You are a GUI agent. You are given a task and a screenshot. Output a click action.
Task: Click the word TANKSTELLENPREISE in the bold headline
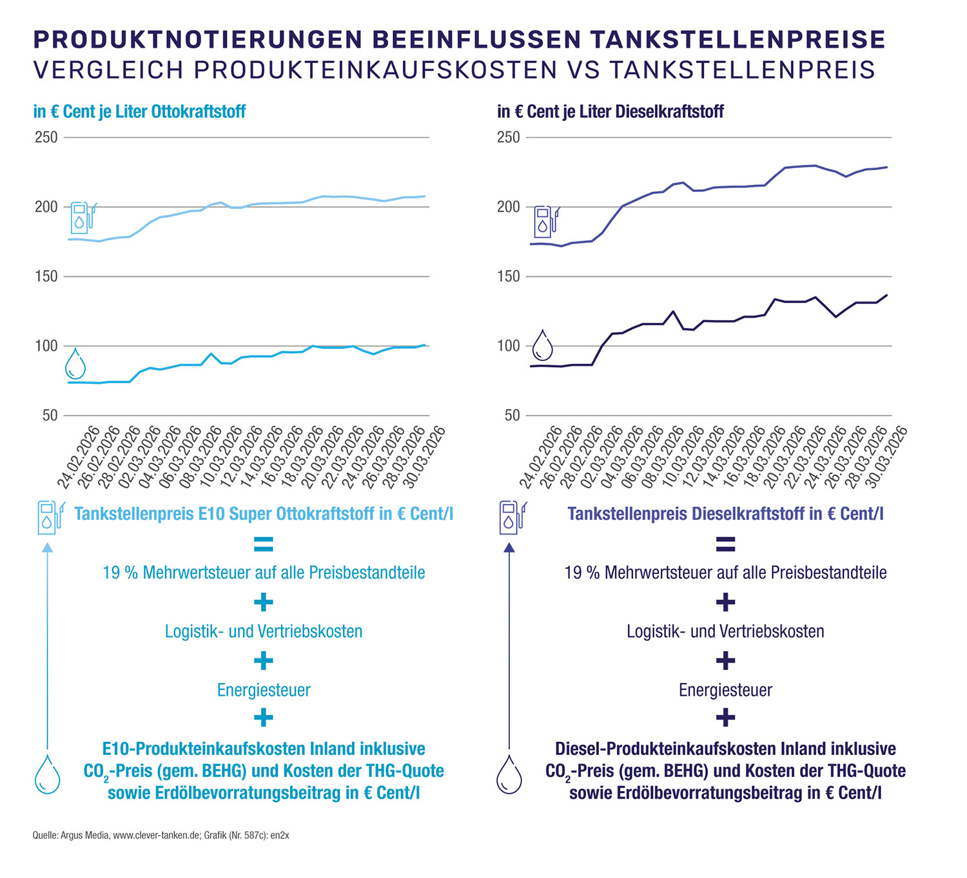coord(737,40)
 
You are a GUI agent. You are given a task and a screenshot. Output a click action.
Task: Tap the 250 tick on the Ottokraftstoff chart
coord(46,137)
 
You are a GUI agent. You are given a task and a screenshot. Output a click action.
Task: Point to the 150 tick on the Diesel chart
coord(508,276)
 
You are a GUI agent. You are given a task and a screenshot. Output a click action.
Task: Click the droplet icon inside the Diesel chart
coord(542,346)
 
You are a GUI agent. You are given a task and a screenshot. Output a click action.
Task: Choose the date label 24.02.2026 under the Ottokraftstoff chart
coord(79,456)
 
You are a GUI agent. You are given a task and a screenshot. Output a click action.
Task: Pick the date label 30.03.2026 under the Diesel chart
coord(886,456)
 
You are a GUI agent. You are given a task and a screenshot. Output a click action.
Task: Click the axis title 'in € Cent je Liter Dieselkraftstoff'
coord(610,111)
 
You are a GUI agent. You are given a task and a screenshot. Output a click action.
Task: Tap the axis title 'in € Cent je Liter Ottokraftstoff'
coord(139,111)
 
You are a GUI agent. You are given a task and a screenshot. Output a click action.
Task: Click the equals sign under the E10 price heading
coord(263,545)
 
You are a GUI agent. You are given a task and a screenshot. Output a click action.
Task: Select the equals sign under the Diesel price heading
coord(725,545)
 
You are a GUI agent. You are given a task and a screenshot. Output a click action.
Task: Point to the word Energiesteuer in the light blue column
coord(264,690)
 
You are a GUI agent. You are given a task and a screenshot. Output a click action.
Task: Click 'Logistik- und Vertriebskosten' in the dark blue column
coord(725,631)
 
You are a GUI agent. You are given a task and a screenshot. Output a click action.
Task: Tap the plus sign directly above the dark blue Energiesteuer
coord(725,660)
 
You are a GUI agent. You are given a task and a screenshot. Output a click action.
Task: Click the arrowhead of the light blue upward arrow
coord(47,548)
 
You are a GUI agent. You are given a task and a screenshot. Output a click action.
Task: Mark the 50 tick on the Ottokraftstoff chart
coord(50,415)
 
